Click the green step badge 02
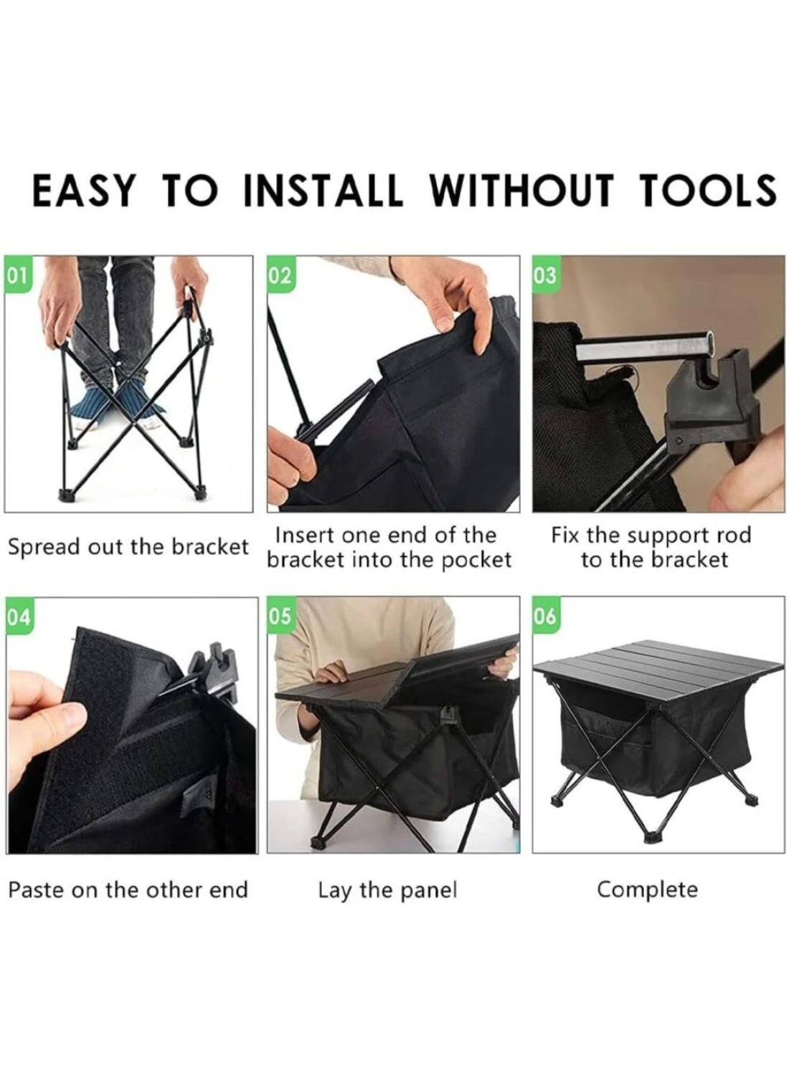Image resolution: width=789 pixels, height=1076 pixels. tap(280, 277)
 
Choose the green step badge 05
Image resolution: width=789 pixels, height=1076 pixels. tap(280, 616)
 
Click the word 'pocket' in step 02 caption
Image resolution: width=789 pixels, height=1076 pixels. tap(476, 561)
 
